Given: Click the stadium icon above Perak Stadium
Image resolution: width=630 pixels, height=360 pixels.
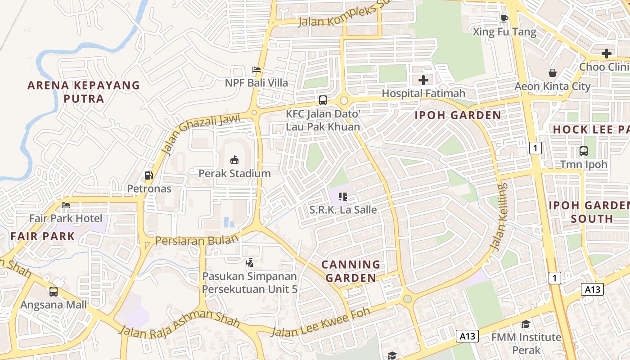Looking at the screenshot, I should point(234,160).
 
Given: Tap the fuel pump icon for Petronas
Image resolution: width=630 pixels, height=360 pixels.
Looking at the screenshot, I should point(148,175).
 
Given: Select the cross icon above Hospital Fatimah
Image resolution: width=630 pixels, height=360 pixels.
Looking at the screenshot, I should point(423,80).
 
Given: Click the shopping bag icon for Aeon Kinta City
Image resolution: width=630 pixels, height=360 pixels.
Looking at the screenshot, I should point(552,73).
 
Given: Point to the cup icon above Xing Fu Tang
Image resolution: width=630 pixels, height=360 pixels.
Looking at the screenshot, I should point(504,18).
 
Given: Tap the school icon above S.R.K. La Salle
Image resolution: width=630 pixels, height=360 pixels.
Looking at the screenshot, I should point(343,197).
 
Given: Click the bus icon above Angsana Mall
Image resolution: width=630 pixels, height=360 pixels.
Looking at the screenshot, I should point(54,292).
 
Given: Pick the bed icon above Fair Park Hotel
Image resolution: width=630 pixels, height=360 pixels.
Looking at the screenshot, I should point(66,205).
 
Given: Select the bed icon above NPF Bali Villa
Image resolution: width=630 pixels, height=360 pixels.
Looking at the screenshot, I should point(256,70).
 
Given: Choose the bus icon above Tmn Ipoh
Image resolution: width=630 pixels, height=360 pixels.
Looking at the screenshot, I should point(584,151).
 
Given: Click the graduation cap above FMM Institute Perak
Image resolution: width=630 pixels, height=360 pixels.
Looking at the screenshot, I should point(526,324).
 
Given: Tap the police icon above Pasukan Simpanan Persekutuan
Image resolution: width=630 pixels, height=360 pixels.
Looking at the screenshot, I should point(249,263).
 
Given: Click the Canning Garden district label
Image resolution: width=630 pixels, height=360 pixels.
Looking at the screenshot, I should point(351,271).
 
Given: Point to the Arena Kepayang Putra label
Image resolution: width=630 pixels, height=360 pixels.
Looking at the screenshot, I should point(84,92).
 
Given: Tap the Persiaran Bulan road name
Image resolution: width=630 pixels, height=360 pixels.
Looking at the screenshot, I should point(196,241).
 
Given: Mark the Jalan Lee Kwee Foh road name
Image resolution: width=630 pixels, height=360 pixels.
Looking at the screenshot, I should point(320,322).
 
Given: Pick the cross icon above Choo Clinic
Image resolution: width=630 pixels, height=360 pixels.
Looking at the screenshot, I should point(606,54).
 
